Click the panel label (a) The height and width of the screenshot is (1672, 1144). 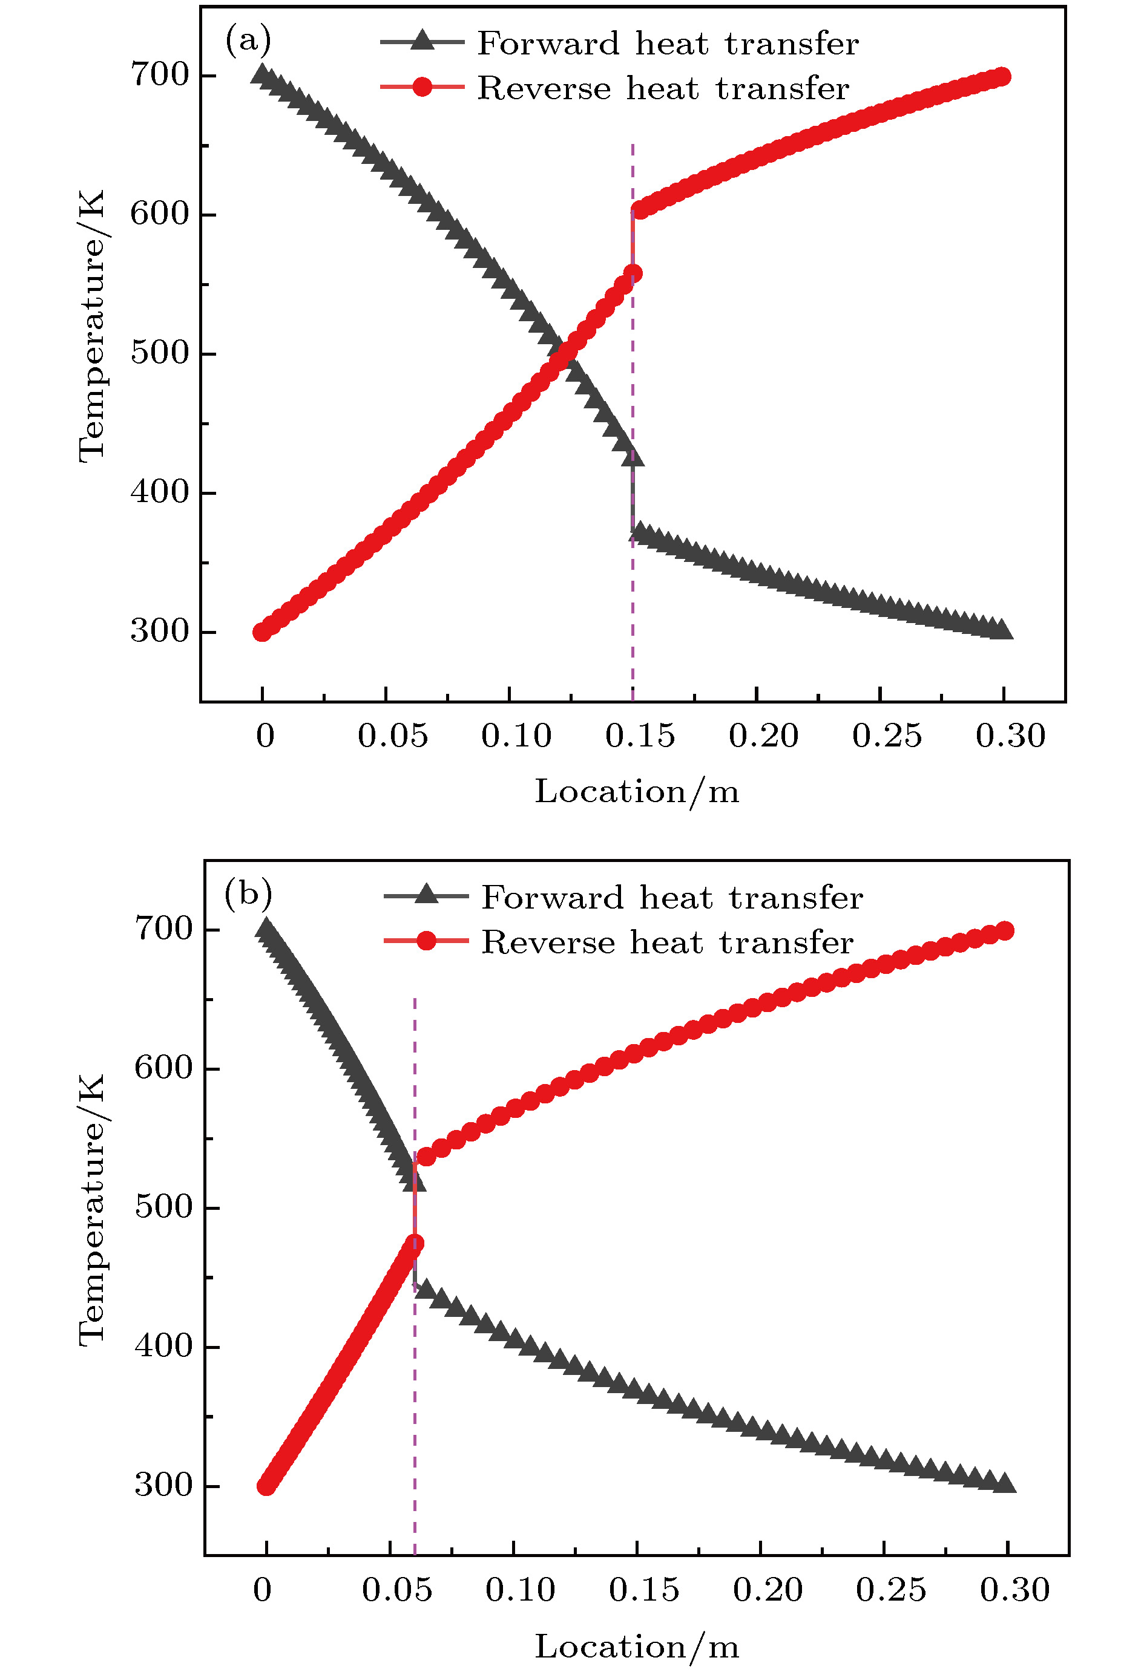[248, 41]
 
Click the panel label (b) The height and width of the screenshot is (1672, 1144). [248, 894]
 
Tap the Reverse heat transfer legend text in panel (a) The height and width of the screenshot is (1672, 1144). [663, 88]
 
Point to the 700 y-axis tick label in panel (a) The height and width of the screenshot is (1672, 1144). [159, 74]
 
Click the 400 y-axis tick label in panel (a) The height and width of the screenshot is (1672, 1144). [159, 492]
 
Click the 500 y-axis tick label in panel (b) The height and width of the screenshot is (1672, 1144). [163, 1207]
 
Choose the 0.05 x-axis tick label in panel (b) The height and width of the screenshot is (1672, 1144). [396, 1590]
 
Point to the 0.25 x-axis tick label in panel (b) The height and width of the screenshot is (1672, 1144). [890, 1590]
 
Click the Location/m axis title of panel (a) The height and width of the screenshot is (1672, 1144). [636, 791]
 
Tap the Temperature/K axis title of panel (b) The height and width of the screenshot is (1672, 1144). [91, 1209]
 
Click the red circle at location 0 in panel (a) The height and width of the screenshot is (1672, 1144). [262, 632]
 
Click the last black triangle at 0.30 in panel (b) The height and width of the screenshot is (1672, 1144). [1005, 1483]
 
